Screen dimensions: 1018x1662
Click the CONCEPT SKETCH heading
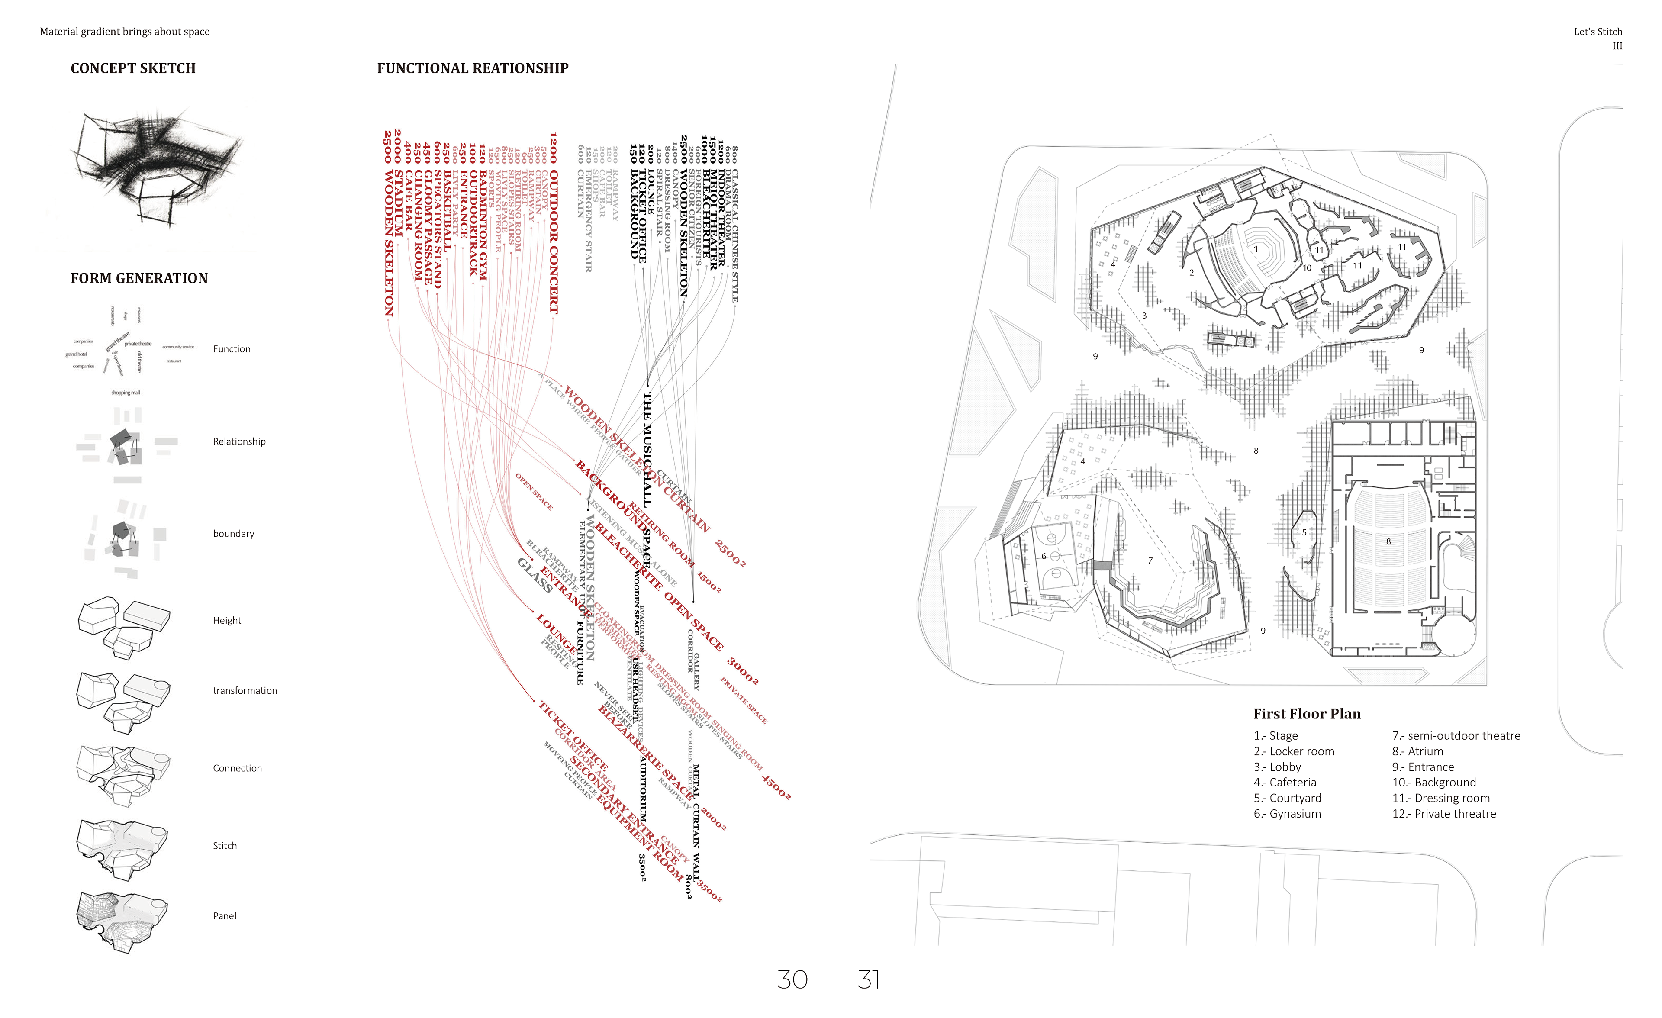pyautogui.click(x=133, y=68)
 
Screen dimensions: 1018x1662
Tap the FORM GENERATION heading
pyautogui.click(x=139, y=278)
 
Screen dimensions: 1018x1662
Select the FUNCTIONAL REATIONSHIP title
pyautogui.click(x=472, y=68)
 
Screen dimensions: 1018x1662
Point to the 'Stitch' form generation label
pyautogui.click(x=225, y=845)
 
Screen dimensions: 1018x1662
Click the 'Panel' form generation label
pyautogui.click(x=225, y=915)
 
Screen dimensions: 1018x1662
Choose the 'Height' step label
pyautogui.click(x=227, y=620)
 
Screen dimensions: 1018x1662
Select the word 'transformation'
pyautogui.click(x=245, y=690)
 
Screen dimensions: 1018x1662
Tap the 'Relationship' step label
pyautogui.click(x=239, y=441)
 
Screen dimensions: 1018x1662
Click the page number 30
pyautogui.click(x=792, y=979)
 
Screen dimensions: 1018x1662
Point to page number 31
pyautogui.click(x=868, y=979)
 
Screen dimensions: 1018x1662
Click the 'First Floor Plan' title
pyautogui.click(x=1307, y=714)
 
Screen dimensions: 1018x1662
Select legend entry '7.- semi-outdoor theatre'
pyautogui.click(x=1456, y=735)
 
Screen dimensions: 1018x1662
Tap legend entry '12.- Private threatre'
pyautogui.click(x=1443, y=814)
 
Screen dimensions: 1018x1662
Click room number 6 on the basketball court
pyautogui.click(x=1044, y=556)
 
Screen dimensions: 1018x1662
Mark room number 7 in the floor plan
pyautogui.click(x=1150, y=561)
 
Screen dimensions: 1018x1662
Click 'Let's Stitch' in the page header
pyautogui.click(x=1597, y=32)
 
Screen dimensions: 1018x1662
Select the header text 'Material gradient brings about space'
pyautogui.click(x=125, y=32)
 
